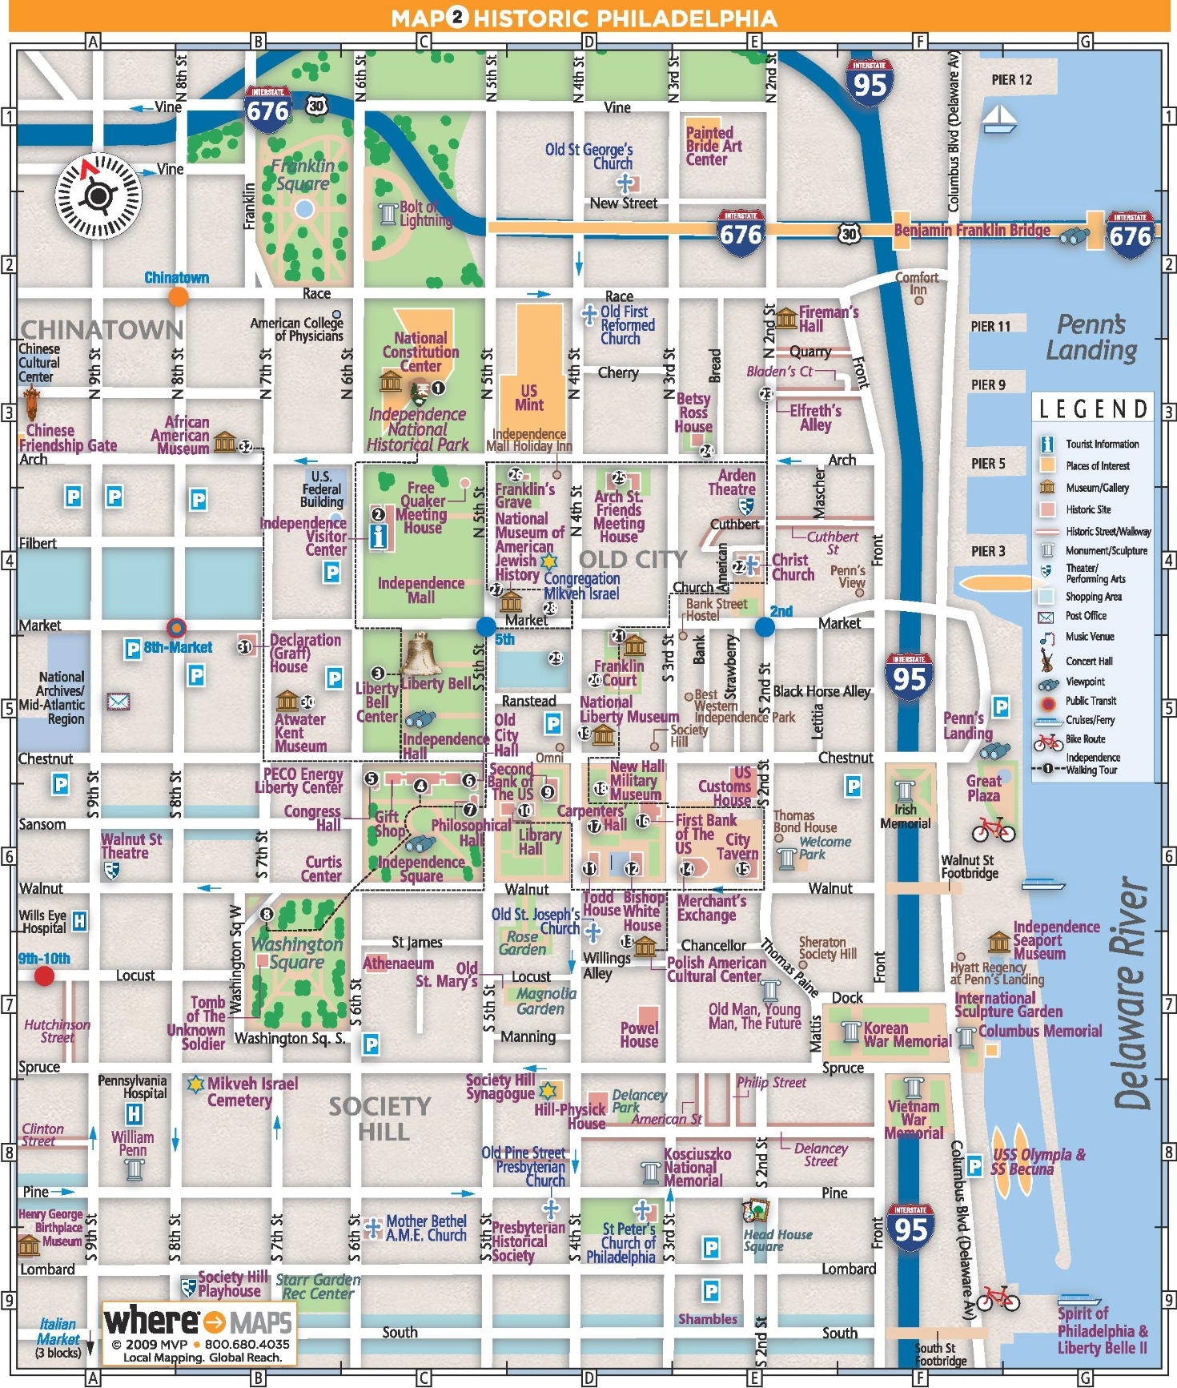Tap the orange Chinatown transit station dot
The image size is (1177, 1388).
(179, 296)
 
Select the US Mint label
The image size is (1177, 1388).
(528, 397)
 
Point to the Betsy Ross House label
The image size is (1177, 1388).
(693, 412)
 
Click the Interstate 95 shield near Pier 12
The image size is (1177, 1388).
(870, 81)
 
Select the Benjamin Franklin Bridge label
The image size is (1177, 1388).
(972, 231)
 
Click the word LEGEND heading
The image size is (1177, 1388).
(1093, 409)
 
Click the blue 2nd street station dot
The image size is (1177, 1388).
(765, 626)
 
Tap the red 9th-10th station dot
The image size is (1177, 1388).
(44, 976)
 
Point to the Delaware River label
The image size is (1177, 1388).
(1131, 993)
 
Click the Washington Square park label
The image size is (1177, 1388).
(297, 953)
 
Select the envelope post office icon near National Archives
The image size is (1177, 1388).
(119, 702)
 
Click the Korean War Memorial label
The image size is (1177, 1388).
(906, 1034)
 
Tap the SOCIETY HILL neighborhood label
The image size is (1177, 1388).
(381, 1119)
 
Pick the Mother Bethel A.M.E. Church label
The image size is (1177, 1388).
(426, 1228)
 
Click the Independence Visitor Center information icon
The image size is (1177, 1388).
(379, 536)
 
